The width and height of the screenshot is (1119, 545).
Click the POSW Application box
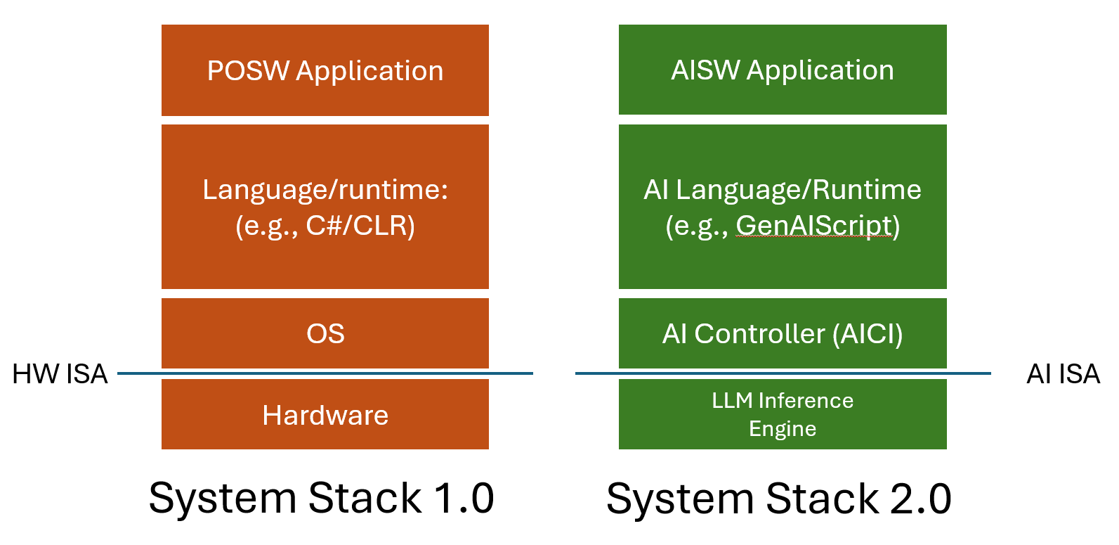tap(325, 70)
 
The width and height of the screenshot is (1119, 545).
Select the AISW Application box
tap(783, 70)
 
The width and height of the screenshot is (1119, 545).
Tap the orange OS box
tap(325, 333)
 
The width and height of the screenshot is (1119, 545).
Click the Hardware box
tap(325, 414)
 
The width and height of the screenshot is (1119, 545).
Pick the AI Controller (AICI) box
tap(783, 333)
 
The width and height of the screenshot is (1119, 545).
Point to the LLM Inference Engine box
tap(783, 414)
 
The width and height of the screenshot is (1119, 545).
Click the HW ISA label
tap(60, 374)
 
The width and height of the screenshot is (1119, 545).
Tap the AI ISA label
tap(1063, 374)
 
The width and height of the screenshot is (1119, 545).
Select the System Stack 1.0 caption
tap(321, 499)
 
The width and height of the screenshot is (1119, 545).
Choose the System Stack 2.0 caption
tap(779, 499)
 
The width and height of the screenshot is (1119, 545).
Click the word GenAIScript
tap(813, 226)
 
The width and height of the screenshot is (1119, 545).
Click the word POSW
tap(248, 70)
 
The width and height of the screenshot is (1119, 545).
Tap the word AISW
tap(705, 70)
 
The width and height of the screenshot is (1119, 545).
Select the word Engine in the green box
tap(783, 429)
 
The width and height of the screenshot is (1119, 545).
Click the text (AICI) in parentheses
tap(868, 333)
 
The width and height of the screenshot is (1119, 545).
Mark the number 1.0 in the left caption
tap(464, 499)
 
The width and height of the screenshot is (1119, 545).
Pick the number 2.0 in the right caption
tap(921, 499)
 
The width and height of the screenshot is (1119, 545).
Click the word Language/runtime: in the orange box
tap(325, 190)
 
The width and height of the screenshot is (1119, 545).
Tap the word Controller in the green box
tap(759, 333)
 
